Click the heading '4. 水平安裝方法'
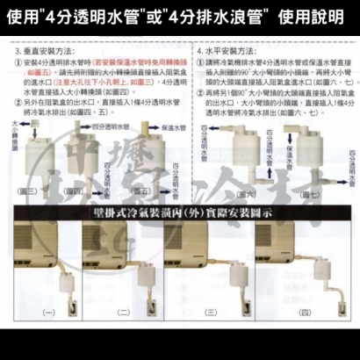(220, 51)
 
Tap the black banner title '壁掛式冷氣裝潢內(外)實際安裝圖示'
(180, 212)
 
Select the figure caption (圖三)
(26, 191)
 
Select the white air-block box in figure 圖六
(239, 148)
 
